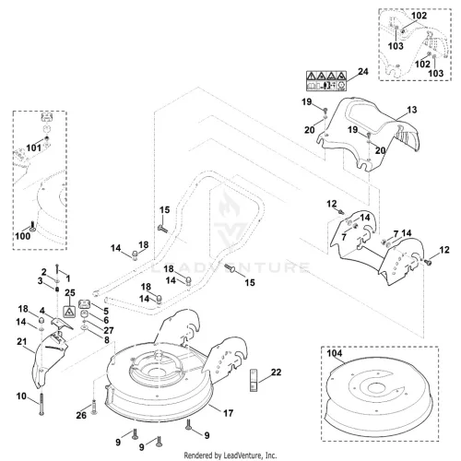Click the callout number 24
(x=363, y=72)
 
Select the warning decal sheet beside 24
(x=326, y=81)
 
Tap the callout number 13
(x=412, y=110)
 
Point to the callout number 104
(x=335, y=353)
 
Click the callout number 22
(x=276, y=372)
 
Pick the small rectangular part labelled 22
(x=253, y=380)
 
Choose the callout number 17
(x=228, y=413)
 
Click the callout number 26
(x=81, y=415)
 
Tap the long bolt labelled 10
(x=41, y=404)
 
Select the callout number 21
(x=22, y=341)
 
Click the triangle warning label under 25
(x=69, y=312)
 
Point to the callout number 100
(x=23, y=236)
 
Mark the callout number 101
(x=33, y=148)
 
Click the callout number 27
(x=109, y=330)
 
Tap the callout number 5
(x=106, y=311)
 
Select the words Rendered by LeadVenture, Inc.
(x=230, y=455)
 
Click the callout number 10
(x=21, y=396)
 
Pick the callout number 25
(x=70, y=292)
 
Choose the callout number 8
(x=107, y=339)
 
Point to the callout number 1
(x=68, y=278)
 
